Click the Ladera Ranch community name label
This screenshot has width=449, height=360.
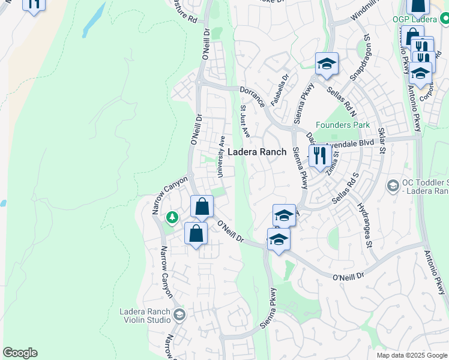click(256, 152)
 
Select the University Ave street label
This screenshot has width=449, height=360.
click(221, 156)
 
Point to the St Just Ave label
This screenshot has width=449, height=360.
click(244, 121)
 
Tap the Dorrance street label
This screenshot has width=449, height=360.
click(252, 96)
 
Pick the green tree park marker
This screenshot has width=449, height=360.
click(172, 217)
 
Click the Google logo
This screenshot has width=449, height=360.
click(20, 353)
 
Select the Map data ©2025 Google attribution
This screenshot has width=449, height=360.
click(412, 355)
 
